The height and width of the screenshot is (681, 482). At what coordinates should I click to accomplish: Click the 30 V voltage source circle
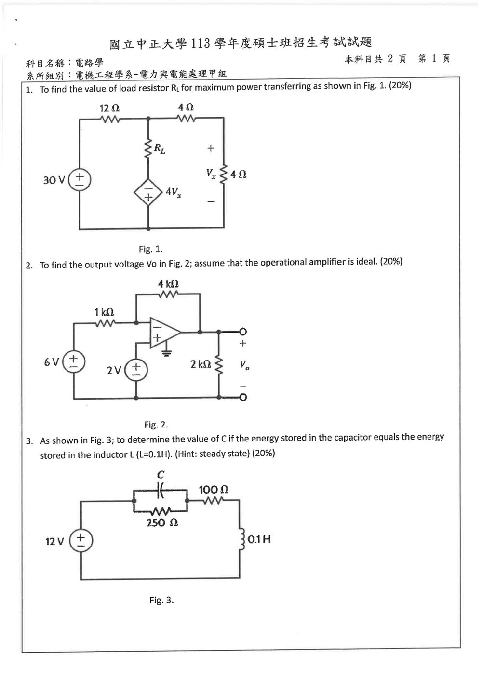click(x=80, y=180)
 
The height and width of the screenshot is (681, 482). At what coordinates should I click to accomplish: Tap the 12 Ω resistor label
click(x=109, y=108)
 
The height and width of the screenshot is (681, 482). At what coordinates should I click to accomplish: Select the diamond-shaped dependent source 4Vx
click(x=148, y=193)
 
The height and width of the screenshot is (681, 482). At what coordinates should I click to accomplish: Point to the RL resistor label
click(x=160, y=148)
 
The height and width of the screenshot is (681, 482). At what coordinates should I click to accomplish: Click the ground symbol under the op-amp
click(x=166, y=353)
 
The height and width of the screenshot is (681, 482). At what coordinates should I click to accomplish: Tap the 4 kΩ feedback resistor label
click(x=168, y=284)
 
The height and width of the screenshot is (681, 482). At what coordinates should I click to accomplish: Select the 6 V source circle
click(x=74, y=362)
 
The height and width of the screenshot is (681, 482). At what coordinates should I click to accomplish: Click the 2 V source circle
click(x=136, y=370)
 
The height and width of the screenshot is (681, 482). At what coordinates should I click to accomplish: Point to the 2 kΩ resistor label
click(x=201, y=364)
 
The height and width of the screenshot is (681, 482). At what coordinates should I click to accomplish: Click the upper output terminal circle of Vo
click(x=243, y=332)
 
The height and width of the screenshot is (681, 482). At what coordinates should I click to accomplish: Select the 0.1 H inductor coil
click(x=242, y=539)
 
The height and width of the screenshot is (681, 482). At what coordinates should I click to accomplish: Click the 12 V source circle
click(x=81, y=541)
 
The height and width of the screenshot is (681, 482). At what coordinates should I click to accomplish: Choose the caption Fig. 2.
click(x=156, y=425)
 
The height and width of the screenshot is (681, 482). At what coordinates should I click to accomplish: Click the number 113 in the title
click(x=201, y=43)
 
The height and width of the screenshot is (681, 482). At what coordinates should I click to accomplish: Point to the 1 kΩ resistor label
click(x=104, y=312)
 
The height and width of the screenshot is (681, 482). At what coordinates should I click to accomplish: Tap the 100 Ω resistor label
click(x=214, y=490)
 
